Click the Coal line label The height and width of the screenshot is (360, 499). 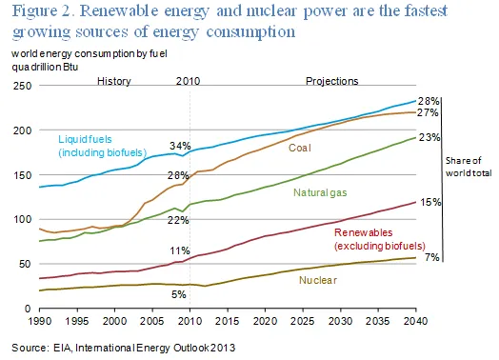coord(299,148)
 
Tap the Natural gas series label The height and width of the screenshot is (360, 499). coord(320,192)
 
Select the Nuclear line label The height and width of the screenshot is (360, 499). coord(318,280)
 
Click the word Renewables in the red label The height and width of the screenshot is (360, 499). coord(363,232)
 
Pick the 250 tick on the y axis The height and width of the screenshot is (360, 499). coord(22,86)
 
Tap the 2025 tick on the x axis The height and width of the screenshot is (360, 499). coord(302,321)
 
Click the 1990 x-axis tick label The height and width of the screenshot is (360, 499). coord(39,321)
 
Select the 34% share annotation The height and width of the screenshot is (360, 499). coord(180,146)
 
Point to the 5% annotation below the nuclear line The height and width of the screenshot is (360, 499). coord(178,294)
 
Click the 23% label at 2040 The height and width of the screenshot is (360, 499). coord(429,137)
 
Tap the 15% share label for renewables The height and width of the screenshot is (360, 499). coord(430,202)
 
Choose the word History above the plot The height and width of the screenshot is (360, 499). coord(114,81)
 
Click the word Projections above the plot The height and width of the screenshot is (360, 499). coord(332,81)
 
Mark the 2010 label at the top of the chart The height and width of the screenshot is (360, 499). coord(189,81)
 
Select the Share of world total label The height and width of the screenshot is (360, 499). coord(469,167)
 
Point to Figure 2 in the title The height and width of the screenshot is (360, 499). coord(43,10)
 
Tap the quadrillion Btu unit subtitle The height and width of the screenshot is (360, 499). coord(45,68)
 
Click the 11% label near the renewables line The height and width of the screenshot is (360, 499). coord(180,250)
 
